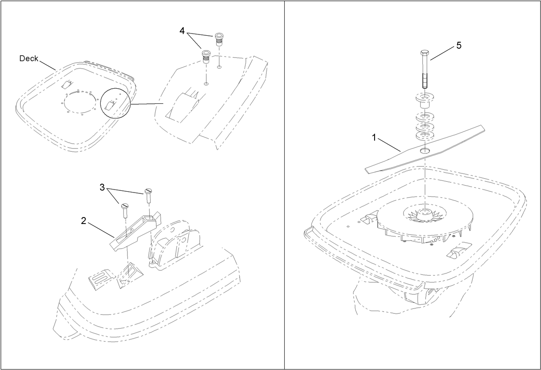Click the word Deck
[x=29, y=59]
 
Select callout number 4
[x=182, y=31]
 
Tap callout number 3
[x=102, y=187]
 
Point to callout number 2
[x=84, y=221]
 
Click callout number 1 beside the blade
[x=374, y=137]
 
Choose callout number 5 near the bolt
[x=458, y=46]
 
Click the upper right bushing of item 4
[x=219, y=39]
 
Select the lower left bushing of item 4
[x=206, y=56]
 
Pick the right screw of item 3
[x=149, y=195]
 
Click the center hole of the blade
[x=425, y=150]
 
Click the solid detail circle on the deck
[x=115, y=102]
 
